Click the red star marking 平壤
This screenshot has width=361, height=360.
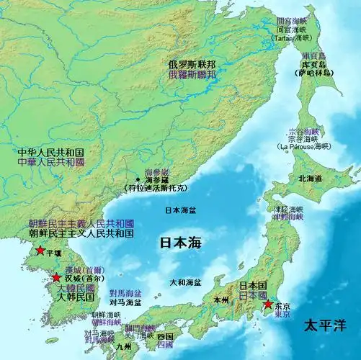point(40,252)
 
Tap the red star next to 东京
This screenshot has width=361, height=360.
point(267,305)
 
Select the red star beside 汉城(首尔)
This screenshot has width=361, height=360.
point(56,278)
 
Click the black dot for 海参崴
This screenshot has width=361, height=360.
point(138,179)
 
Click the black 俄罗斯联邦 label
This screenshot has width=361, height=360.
point(192,64)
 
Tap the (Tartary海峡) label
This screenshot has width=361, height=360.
point(294,38)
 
